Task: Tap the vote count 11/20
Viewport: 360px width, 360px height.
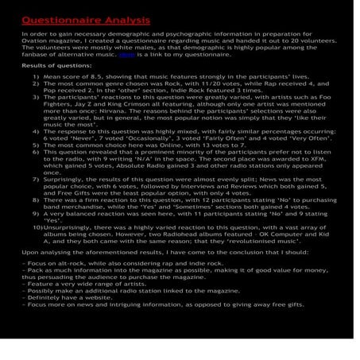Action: pyautogui.click(x=182, y=83)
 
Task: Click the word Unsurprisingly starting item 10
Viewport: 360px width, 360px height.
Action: pyautogui.click(x=68, y=226)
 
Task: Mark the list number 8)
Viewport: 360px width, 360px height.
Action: pyautogui.click(x=36, y=201)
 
